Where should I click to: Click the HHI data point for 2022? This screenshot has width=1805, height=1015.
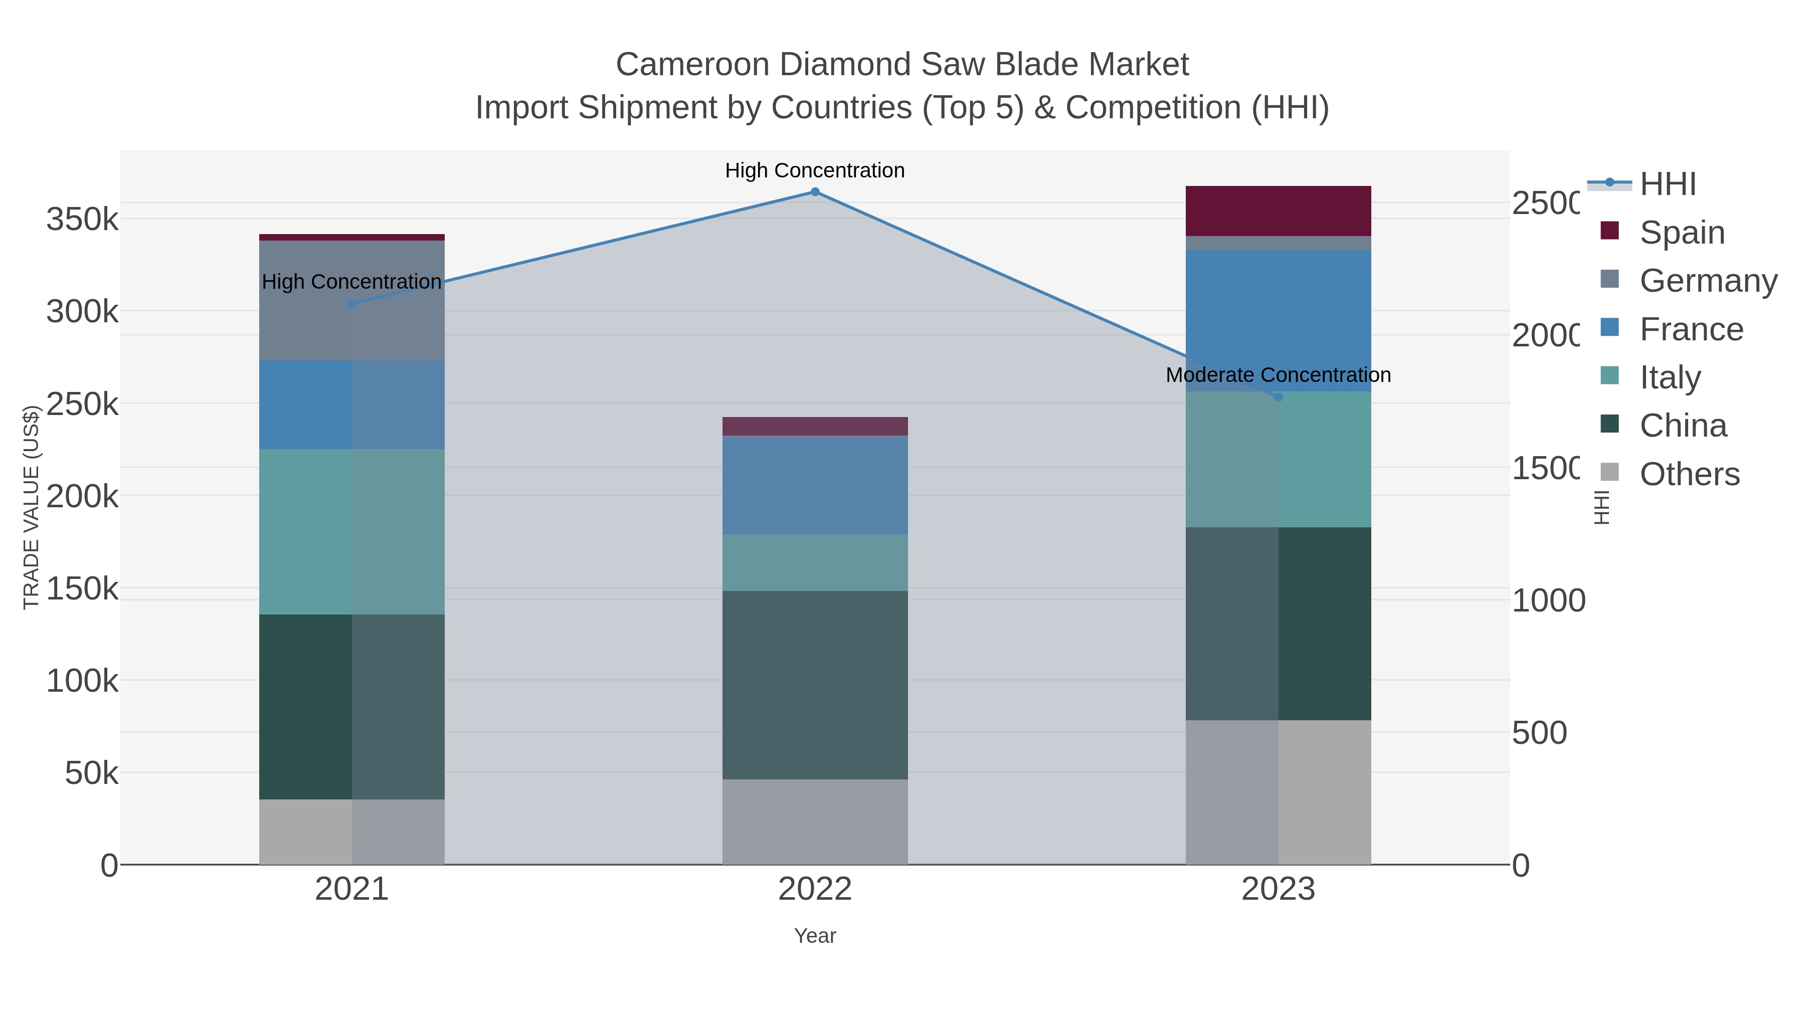click(815, 192)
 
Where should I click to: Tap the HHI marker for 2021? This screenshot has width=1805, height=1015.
click(352, 304)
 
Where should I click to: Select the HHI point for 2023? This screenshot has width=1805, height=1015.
click(1278, 397)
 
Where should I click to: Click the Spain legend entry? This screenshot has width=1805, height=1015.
click(1682, 233)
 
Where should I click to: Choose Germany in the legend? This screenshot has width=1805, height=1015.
click(1708, 281)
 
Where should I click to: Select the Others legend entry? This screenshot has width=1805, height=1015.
click(1689, 474)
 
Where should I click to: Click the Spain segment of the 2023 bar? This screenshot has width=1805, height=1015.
click(1278, 211)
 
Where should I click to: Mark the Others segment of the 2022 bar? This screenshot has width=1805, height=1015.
click(815, 821)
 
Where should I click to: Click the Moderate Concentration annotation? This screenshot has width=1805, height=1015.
click(1278, 375)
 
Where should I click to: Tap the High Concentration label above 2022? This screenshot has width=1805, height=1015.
click(815, 171)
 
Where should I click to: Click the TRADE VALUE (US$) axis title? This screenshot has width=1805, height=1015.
click(31, 507)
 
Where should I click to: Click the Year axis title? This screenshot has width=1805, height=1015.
click(815, 936)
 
